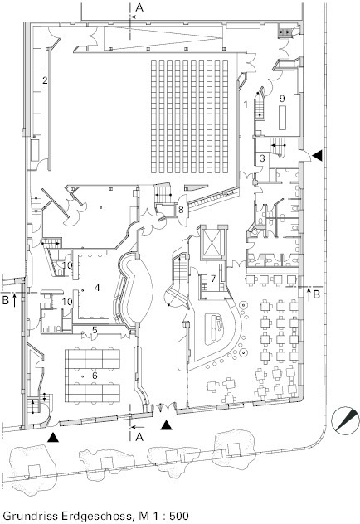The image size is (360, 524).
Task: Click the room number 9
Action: pos(283,99)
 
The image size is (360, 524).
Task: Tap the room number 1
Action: pos(246,104)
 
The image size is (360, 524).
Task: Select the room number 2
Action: pos(45,80)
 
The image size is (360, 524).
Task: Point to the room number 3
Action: pos(262,158)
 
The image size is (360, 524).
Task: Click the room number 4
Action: pos(97,288)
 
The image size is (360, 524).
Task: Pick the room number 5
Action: pos(95,330)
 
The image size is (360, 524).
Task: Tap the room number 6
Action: pos(95,376)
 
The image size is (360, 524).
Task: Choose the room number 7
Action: pos(213,279)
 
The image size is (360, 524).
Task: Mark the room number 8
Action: pos(181,211)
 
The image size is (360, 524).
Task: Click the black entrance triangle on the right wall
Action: pos(317,155)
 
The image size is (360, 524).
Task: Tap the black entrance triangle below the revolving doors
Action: pos(167,425)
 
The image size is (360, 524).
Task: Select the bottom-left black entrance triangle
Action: pos(53,438)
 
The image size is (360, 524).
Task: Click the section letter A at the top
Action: pos(139,7)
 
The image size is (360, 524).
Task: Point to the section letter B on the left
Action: pos(6,300)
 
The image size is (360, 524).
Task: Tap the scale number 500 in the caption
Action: pos(179,516)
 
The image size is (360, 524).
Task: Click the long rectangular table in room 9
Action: pos(283,118)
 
